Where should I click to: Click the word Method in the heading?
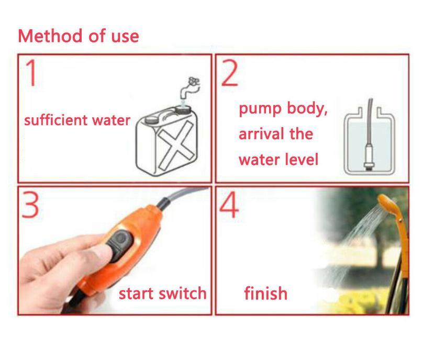pyautogui.click(x=50, y=36)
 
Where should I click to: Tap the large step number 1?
pyautogui.click(x=32, y=73)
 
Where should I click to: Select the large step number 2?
pyautogui.click(x=229, y=73)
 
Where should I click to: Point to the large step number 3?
pyautogui.click(x=30, y=205)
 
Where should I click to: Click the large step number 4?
pyautogui.click(x=229, y=205)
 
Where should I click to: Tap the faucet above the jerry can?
pyautogui.click(x=190, y=88)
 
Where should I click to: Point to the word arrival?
pyautogui.click(x=261, y=134)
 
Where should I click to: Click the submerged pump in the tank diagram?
pyautogui.click(x=369, y=156)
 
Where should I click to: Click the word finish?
pyautogui.click(x=265, y=293)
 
